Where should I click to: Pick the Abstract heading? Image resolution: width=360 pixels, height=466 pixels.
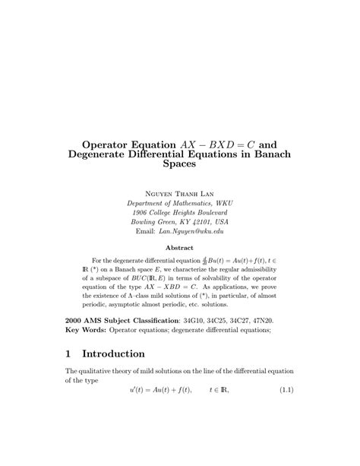[180, 247]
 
